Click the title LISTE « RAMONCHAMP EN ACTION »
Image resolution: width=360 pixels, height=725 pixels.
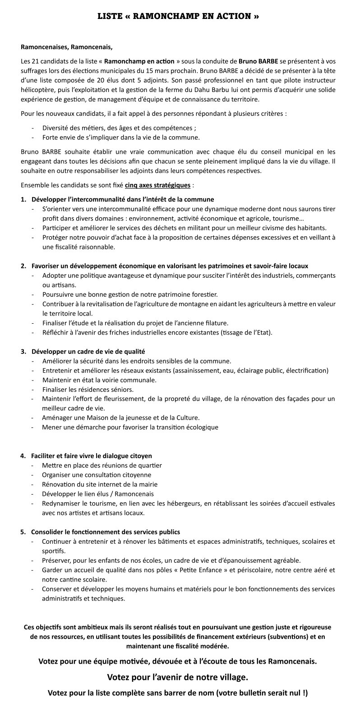point(179,16)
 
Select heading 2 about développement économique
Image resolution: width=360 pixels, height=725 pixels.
point(170,266)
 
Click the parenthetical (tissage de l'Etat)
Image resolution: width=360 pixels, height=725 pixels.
point(238,333)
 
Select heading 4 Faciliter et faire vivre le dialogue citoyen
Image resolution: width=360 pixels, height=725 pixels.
point(91,456)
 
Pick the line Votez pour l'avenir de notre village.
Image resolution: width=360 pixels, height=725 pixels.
point(177,677)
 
